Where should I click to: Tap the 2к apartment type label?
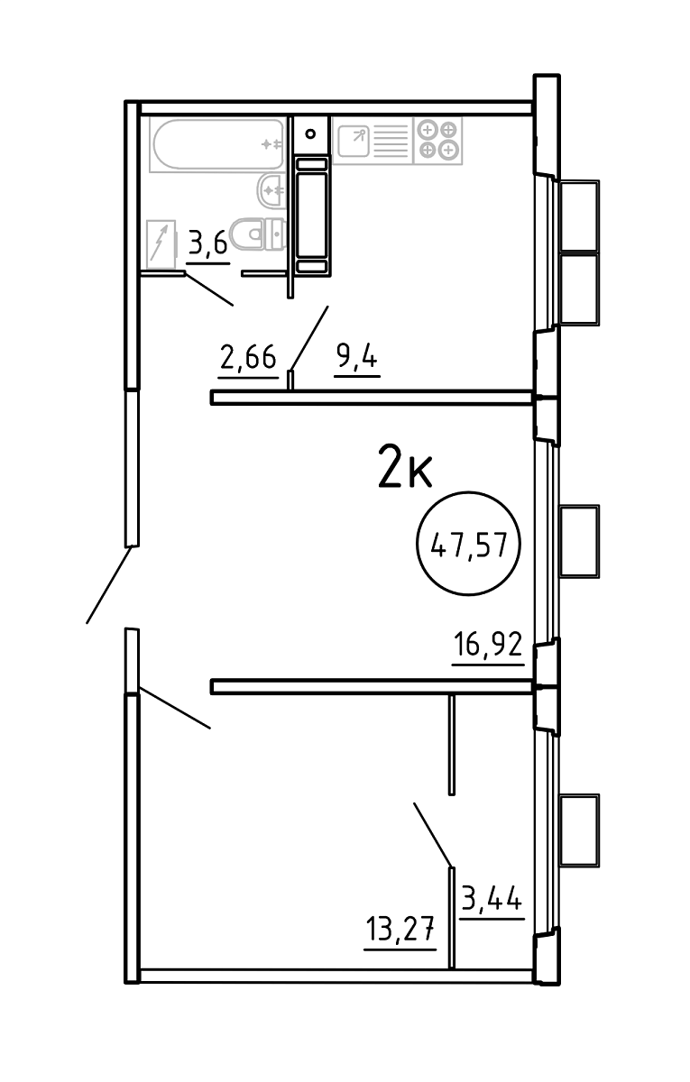(405, 467)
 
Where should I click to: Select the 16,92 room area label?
(488, 645)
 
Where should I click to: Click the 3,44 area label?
(492, 897)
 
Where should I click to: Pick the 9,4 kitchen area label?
(356, 358)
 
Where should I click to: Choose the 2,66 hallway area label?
(248, 358)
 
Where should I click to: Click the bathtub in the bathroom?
(218, 144)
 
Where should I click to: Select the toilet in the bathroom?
(258, 234)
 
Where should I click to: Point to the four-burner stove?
(438, 140)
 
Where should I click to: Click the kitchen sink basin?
(354, 141)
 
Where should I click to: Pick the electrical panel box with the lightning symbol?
(161, 244)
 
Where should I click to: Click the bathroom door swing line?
(209, 289)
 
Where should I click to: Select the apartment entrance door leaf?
(109, 584)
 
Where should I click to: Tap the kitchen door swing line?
(309, 338)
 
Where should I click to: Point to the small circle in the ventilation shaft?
(310, 133)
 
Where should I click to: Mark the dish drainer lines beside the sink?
(391, 141)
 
